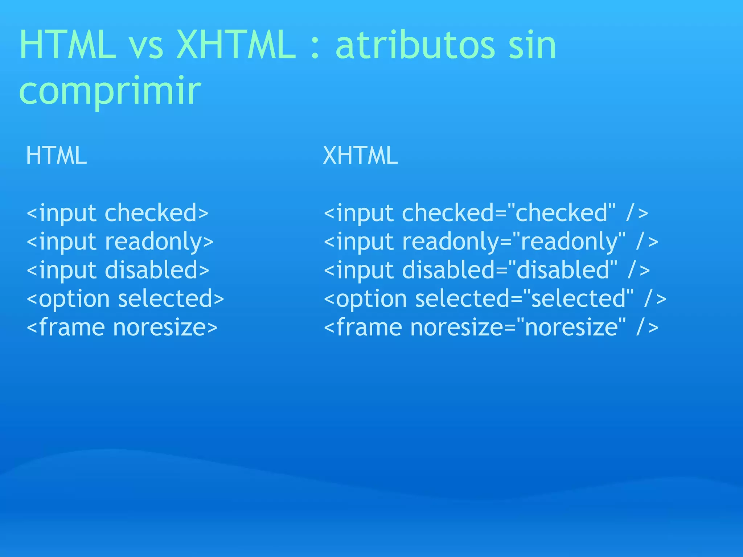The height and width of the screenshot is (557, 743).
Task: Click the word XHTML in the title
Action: point(236,45)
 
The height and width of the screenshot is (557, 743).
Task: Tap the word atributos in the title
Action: point(415,45)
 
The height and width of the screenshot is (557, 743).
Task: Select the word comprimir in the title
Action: point(110,91)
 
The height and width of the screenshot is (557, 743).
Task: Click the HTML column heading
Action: point(57,156)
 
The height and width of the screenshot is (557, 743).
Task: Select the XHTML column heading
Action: point(360,156)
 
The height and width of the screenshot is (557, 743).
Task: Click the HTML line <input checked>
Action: point(118,213)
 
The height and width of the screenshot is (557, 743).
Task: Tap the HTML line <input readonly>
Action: point(120,242)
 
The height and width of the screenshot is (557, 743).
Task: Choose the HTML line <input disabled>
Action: point(118,270)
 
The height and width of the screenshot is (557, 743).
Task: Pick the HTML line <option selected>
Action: point(126,299)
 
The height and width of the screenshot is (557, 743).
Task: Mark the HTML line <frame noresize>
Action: point(122,327)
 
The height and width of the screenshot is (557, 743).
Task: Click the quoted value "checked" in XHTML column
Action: point(561,213)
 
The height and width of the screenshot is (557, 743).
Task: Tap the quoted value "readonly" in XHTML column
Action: point(569,242)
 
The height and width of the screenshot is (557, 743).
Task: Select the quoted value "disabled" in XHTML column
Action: point(563,270)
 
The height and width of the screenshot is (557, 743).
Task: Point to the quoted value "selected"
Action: point(578,299)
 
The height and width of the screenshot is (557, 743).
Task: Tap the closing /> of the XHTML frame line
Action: point(648,327)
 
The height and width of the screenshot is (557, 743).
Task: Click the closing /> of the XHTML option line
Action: point(656,299)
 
